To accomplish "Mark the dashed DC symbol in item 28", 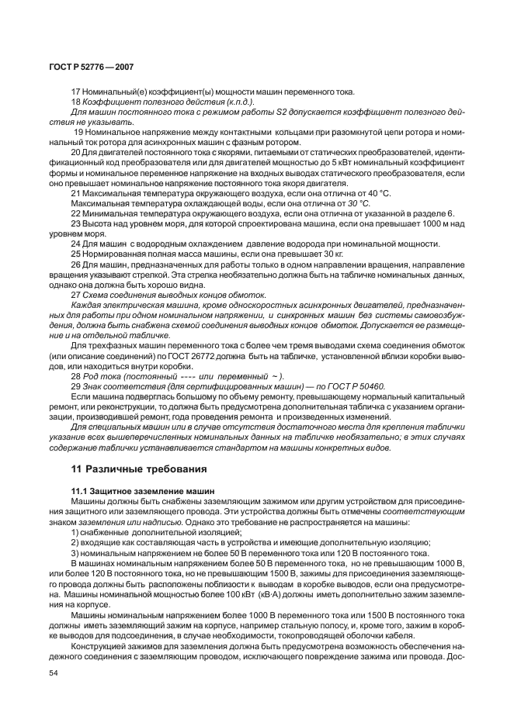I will tap(168, 375).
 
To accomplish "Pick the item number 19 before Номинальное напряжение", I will tap(78, 133).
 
